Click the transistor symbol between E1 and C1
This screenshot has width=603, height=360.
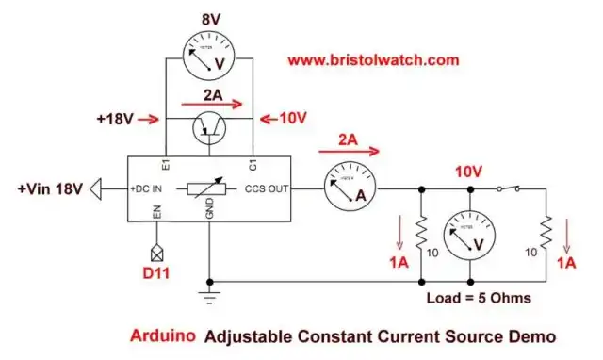210,126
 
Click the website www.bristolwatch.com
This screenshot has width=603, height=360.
373,59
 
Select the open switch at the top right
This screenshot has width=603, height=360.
510,188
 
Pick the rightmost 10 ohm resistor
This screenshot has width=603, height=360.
546,230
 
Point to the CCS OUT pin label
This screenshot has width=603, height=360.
266,189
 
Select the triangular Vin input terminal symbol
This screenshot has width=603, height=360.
97,189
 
